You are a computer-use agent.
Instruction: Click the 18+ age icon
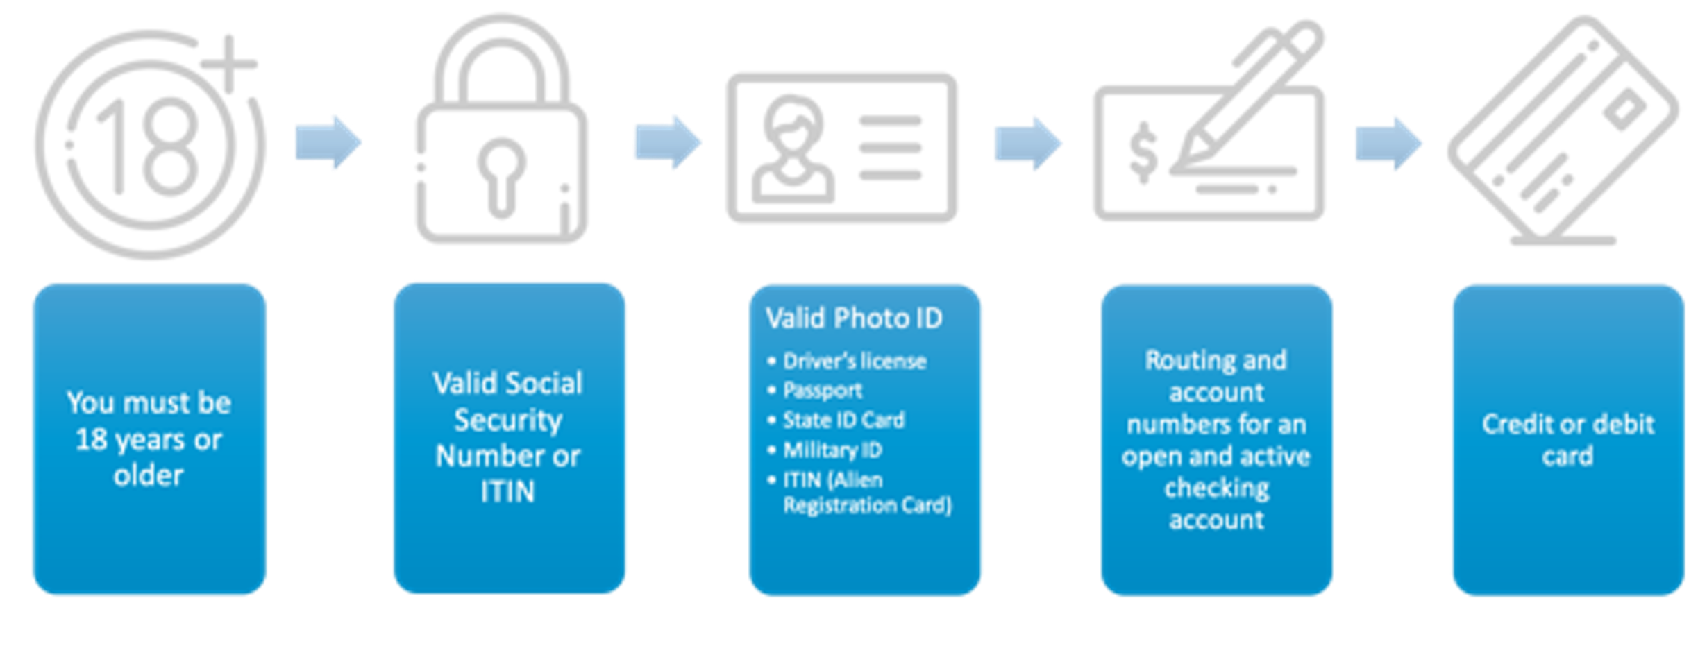pos(150,144)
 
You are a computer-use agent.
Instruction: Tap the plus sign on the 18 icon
pos(230,65)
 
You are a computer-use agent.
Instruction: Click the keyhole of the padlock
pos(501,177)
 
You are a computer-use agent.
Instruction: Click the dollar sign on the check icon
pos(1143,153)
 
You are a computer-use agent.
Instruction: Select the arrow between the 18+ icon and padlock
pos(328,142)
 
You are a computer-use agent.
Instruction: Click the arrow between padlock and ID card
pos(668,142)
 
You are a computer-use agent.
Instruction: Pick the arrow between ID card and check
pos(1028,144)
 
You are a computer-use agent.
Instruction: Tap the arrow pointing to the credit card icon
pos(1388,144)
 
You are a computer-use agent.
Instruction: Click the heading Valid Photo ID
pos(854,318)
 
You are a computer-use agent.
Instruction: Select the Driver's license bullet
pos(847,361)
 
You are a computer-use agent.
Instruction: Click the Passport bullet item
pos(815,391)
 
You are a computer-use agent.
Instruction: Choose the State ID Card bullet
pos(836,420)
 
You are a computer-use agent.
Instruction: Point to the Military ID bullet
pos(825,450)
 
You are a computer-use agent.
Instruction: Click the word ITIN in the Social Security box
pos(507,492)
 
